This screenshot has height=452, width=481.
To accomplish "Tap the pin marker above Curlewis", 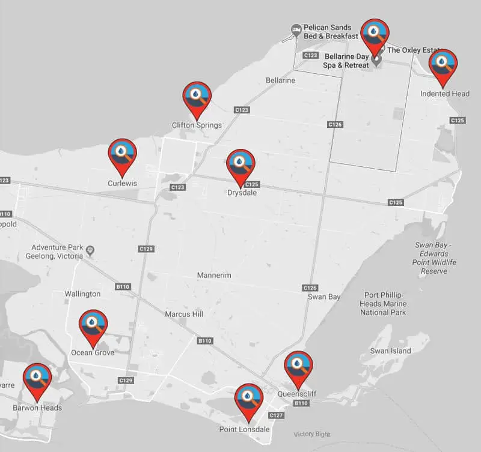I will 122,154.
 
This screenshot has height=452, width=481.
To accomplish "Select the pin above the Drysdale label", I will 240,165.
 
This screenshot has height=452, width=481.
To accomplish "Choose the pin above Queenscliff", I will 298,367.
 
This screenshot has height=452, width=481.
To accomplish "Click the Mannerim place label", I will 215,276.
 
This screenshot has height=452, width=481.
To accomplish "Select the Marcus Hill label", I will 184,314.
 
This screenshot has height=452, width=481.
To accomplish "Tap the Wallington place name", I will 82,294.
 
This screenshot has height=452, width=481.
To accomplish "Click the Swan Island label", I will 390,351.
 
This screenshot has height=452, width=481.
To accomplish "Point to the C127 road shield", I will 276,415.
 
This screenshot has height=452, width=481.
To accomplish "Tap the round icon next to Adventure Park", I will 90,249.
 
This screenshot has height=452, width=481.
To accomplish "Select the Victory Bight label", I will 312,434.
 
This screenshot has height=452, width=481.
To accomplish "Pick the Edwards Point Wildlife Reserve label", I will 434,258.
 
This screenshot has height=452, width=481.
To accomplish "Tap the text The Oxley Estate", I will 415,50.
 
